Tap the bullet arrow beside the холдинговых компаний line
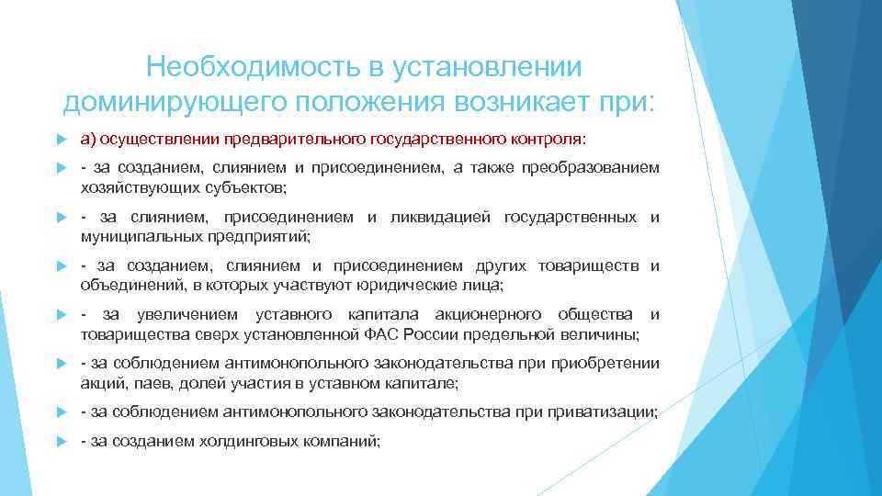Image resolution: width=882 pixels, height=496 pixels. tap(61, 442)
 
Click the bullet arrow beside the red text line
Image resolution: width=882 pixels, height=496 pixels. tap(61, 139)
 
